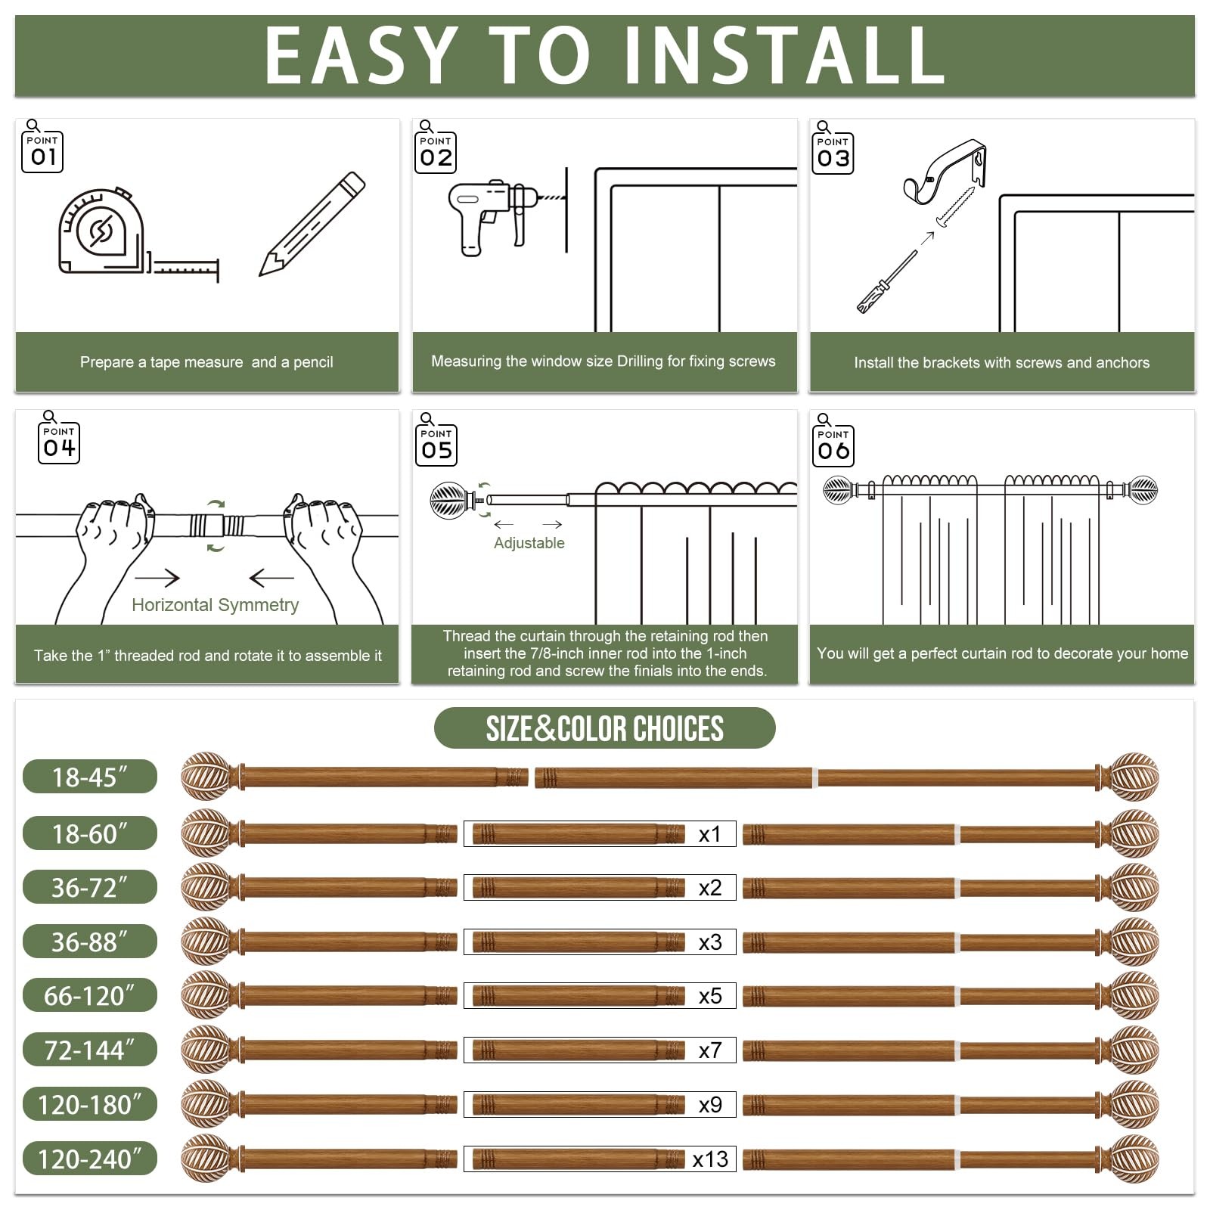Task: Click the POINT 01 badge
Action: coord(42,152)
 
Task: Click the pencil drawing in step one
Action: coord(312,224)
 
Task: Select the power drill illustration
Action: coord(495,216)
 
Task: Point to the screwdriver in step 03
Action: coord(886,281)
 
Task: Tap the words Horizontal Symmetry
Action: coord(216,605)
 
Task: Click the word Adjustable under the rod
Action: coord(529,543)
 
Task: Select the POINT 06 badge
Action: coord(833,446)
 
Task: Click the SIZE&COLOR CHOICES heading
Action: coord(605,728)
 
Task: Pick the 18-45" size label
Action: coord(90,777)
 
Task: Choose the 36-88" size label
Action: coord(90,942)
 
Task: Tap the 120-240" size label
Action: coord(90,1159)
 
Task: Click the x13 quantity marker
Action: coord(710,1159)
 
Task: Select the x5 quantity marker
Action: coord(710,996)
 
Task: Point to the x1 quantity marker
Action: coord(710,834)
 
